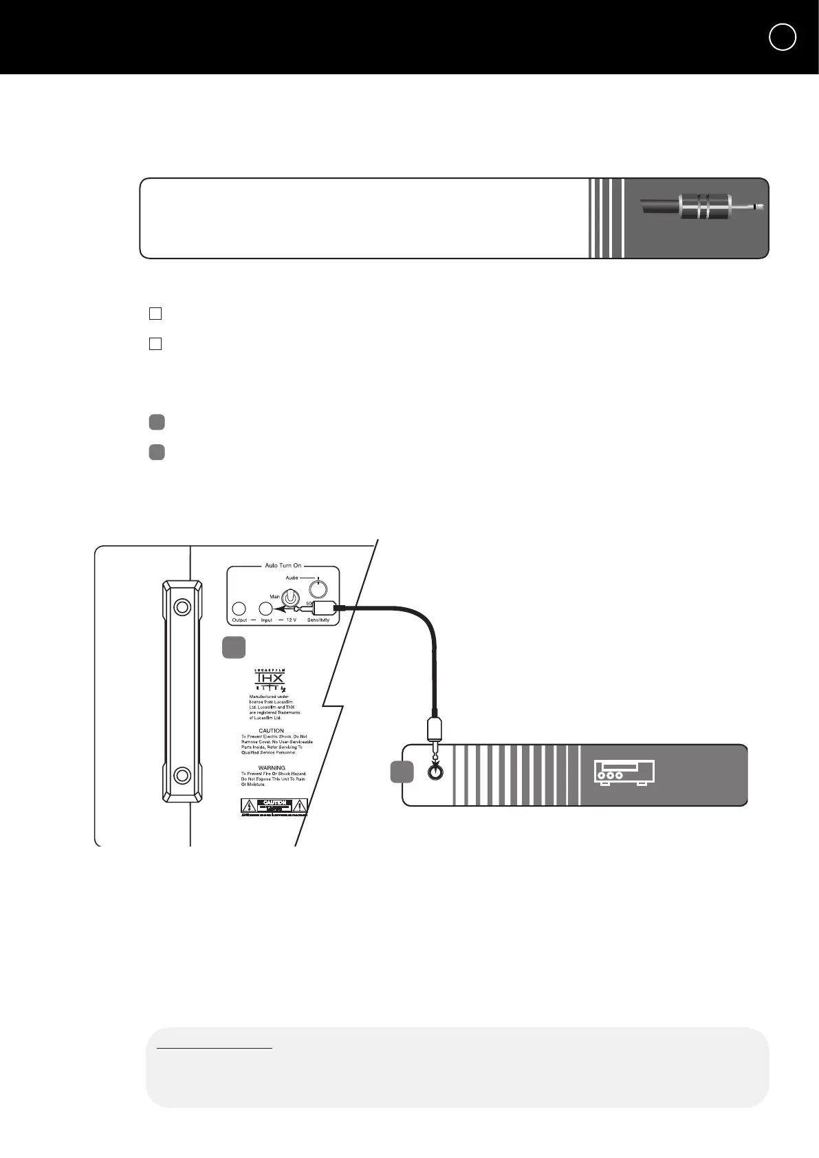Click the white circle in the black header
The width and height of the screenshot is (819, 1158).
(783, 37)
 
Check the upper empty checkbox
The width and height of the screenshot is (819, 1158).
(155, 314)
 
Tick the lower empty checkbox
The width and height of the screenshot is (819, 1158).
(155, 344)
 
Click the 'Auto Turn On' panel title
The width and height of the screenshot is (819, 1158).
(283, 565)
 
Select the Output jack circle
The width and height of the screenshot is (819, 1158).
(239, 609)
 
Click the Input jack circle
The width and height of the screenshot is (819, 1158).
(265, 609)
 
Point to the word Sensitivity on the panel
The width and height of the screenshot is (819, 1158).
(318, 620)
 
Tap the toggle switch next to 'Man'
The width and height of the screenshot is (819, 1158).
(291, 598)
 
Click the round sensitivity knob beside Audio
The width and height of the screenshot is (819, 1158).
(318, 589)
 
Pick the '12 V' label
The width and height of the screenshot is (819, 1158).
(291, 620)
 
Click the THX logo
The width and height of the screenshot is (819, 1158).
(270, 680)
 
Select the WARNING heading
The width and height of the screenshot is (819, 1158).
(272, 767)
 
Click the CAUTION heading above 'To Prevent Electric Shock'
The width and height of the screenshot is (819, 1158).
(271, 730)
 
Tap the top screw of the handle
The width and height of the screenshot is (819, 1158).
(182, 607)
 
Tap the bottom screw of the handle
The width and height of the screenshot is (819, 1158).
(182, 776)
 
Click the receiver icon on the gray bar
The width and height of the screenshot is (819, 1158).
(624, 773)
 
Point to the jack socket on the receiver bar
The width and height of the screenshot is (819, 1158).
(434, 772)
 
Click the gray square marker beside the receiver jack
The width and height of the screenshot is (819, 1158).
(402, 772)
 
